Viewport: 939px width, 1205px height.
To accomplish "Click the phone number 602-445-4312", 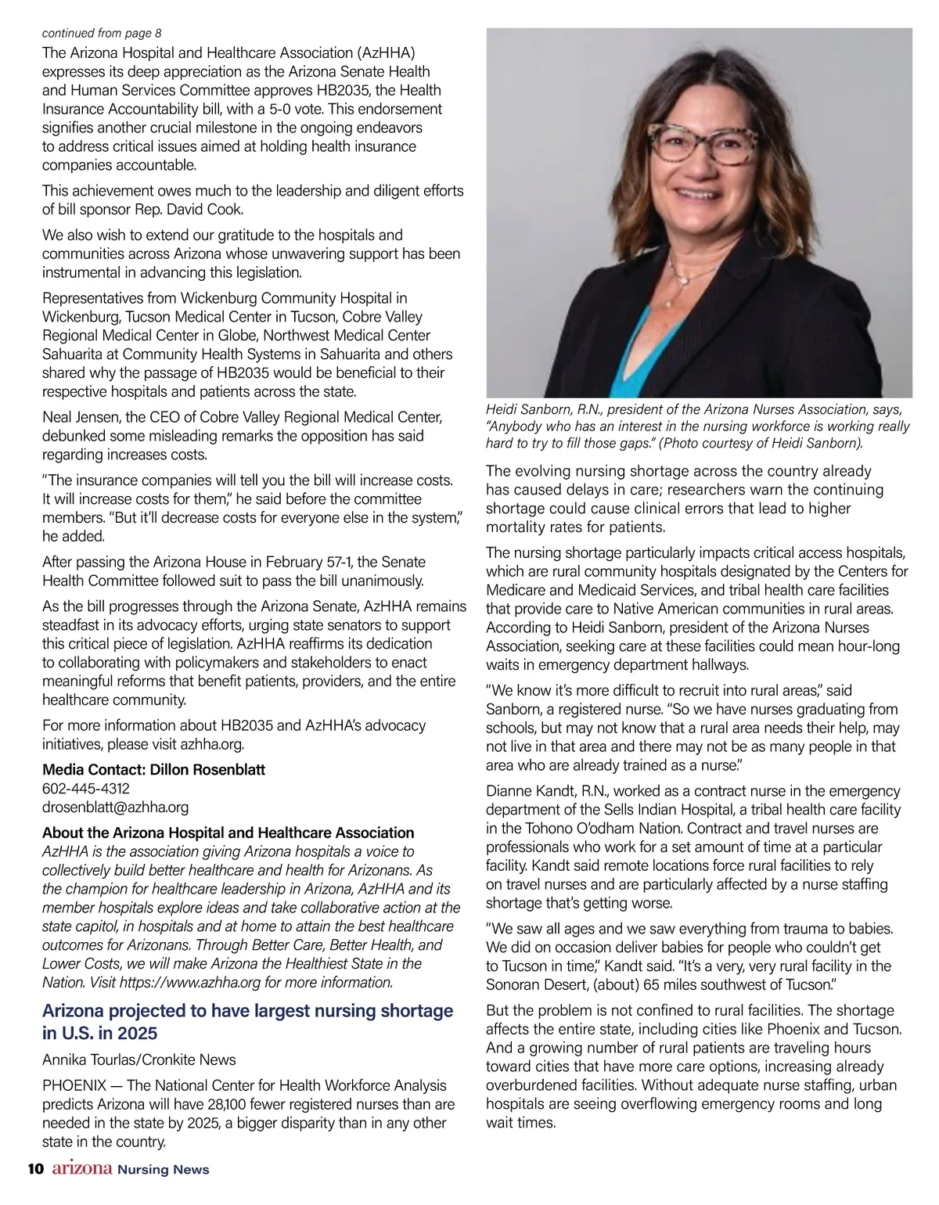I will coord(86,789).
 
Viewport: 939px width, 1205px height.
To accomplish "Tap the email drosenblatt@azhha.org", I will coord(115,808).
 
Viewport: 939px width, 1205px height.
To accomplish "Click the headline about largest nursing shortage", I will coord(247,1022).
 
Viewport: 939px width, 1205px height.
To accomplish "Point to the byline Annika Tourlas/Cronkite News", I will coord(139,1060).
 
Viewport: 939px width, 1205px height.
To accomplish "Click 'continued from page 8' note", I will coord(102,34).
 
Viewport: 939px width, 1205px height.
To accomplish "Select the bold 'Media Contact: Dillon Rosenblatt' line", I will coord(153,770).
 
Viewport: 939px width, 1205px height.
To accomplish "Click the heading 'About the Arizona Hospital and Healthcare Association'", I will coord(228,833).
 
